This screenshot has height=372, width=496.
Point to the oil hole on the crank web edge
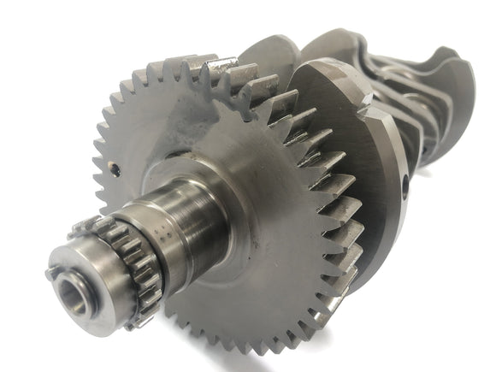click(404, 182)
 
